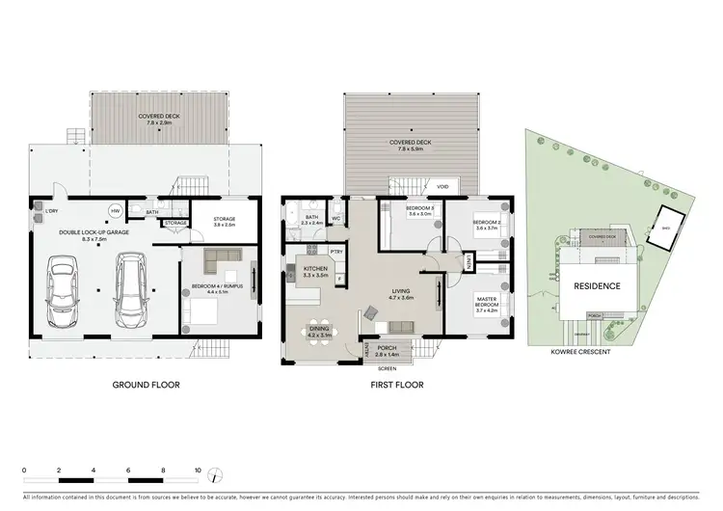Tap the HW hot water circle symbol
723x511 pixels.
[116, 210]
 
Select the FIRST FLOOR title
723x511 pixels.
[397, 384]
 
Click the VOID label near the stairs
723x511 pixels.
[442, 187]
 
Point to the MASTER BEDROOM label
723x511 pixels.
[478, 306]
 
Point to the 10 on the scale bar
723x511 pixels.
[198, 471]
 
